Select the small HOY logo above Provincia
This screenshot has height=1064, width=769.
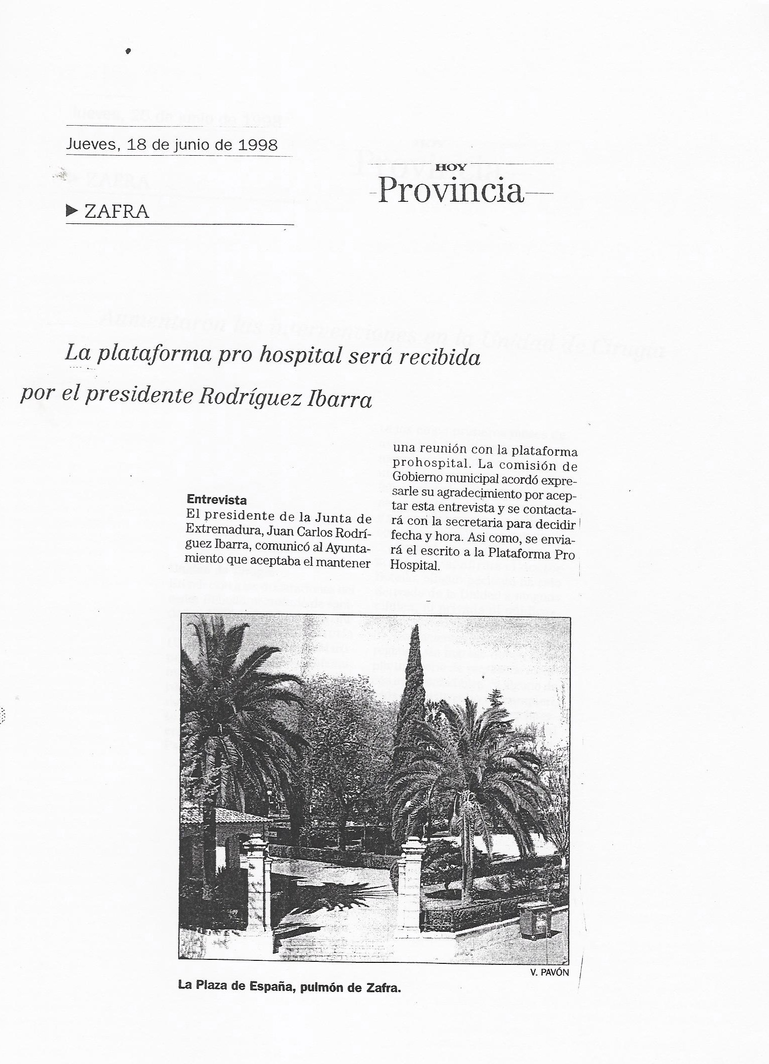coord(451,167)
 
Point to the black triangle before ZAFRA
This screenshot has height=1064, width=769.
coord(72,211)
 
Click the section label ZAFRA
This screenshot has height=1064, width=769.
coord(117,211)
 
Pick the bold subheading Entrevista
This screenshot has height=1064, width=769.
coord(216,499)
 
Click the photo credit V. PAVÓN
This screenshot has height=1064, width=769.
coord(549,972)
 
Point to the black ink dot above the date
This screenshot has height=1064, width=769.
coord(129,51)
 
